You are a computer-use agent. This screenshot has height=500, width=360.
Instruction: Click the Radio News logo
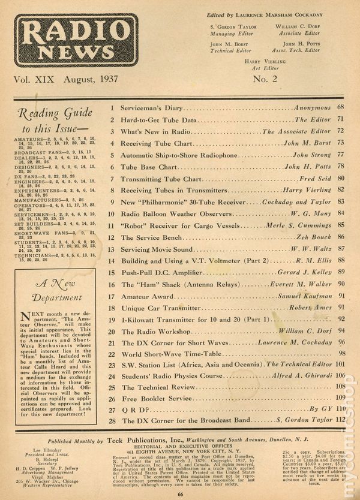coord(76,40)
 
